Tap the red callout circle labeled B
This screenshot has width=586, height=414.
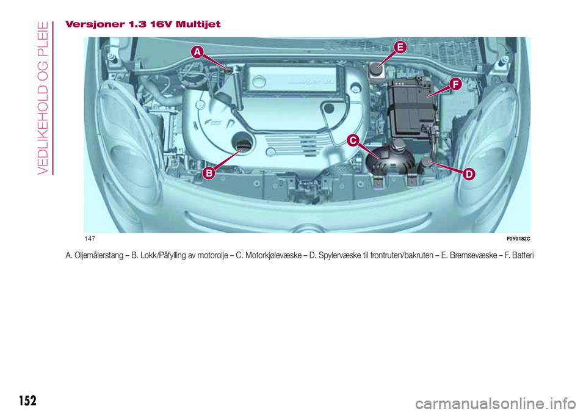[208, 173]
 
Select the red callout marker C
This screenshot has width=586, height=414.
[352, 142]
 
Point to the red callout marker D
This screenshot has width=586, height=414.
[468, 175]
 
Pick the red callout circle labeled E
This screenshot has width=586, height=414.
[399, 46]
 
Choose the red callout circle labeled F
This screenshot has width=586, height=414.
[454, 84]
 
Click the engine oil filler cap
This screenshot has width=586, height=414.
[243, 145]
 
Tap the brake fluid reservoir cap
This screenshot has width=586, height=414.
[374, 68]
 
